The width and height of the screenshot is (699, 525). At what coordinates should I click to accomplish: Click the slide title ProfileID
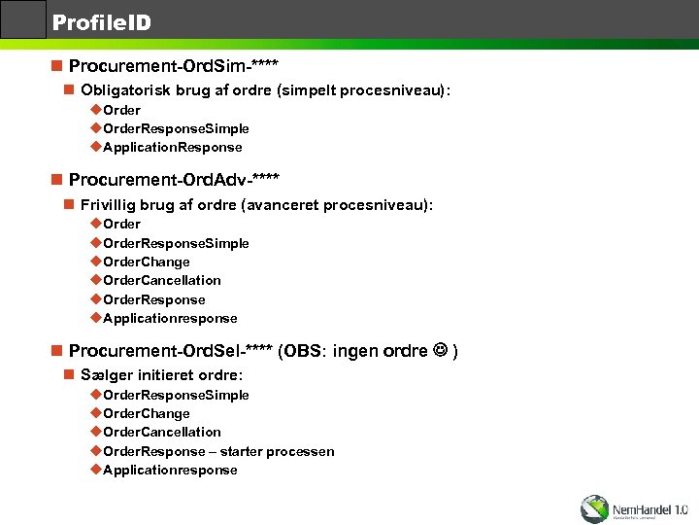tap(101, 21)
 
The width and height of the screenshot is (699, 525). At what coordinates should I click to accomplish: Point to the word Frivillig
tap(115, 205)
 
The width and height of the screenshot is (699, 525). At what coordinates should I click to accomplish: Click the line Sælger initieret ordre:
tap(161, 374)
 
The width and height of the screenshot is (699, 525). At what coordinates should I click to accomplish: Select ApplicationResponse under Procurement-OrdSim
tap(172, 147)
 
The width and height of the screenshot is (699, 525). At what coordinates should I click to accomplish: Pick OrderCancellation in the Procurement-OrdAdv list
tap(161, 280)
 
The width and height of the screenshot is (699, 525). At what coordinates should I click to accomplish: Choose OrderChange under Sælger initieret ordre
tap(146, 413)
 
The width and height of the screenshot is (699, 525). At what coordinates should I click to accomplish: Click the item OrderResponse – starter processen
tap(218, 451)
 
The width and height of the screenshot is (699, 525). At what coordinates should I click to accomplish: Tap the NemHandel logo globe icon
tap(594, 508)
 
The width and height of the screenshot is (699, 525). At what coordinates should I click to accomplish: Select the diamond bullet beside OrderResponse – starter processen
tap(95, 451)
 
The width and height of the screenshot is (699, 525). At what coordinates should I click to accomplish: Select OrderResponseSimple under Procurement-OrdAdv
tap(176, 243)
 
